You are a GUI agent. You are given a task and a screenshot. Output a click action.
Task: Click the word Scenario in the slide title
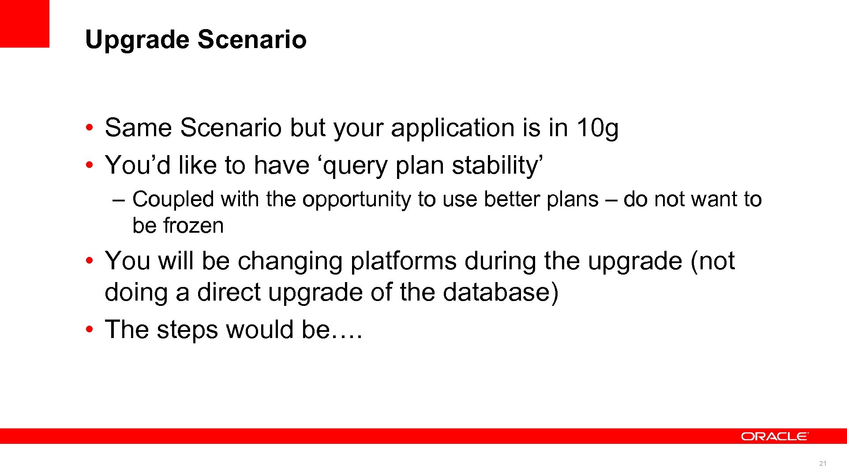pos(251,39)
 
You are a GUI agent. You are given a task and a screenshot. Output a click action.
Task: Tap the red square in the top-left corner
pos(24,23)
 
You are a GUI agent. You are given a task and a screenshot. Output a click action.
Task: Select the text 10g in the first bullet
pos(597,128)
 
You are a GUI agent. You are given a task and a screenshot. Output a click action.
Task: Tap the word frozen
pos(193,226)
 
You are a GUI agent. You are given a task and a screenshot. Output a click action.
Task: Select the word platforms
pos(403,261)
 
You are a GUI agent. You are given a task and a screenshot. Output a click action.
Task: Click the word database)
pos(500,293)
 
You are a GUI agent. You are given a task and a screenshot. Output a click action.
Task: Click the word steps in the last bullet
pos(187,330)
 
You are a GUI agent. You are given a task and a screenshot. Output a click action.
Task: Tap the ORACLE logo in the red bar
pos(774,436)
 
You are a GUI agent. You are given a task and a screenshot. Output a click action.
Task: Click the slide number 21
pos(822,463)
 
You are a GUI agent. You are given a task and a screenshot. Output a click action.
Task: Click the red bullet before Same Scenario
pos(90,128)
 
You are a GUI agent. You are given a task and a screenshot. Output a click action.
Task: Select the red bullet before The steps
pos(90,330)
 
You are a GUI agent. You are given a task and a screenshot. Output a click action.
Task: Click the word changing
pos(290,261)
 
